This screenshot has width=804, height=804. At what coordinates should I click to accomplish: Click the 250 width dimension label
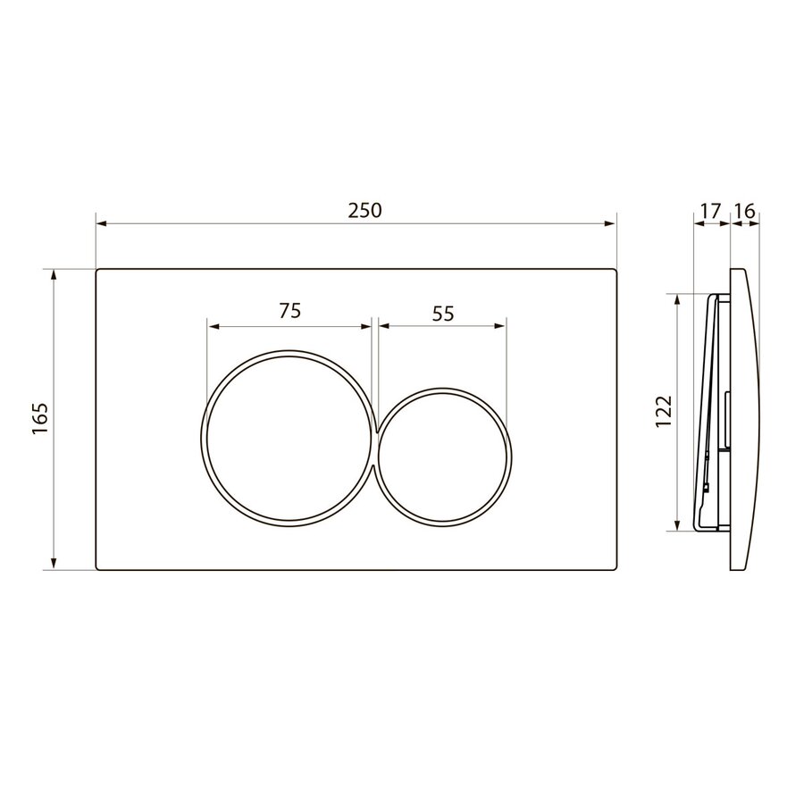[x=365, y=210]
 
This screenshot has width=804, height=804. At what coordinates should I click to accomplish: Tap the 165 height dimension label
[x=40, y=419]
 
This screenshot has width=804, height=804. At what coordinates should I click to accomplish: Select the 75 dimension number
[x=289, y=311]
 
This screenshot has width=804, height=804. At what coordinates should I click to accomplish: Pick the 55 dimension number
[x=443, y=314]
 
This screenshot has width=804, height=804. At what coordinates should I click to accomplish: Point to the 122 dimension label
[x=664, y=411]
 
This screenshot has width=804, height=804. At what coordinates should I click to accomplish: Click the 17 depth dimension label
[x=711, y=211]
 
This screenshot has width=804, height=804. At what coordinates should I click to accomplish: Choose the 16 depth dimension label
[x=745, y=211]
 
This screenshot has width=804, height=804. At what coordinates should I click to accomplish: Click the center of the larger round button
[x=289, y=438]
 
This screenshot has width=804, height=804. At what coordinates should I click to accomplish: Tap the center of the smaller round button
[x=442, y=455]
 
